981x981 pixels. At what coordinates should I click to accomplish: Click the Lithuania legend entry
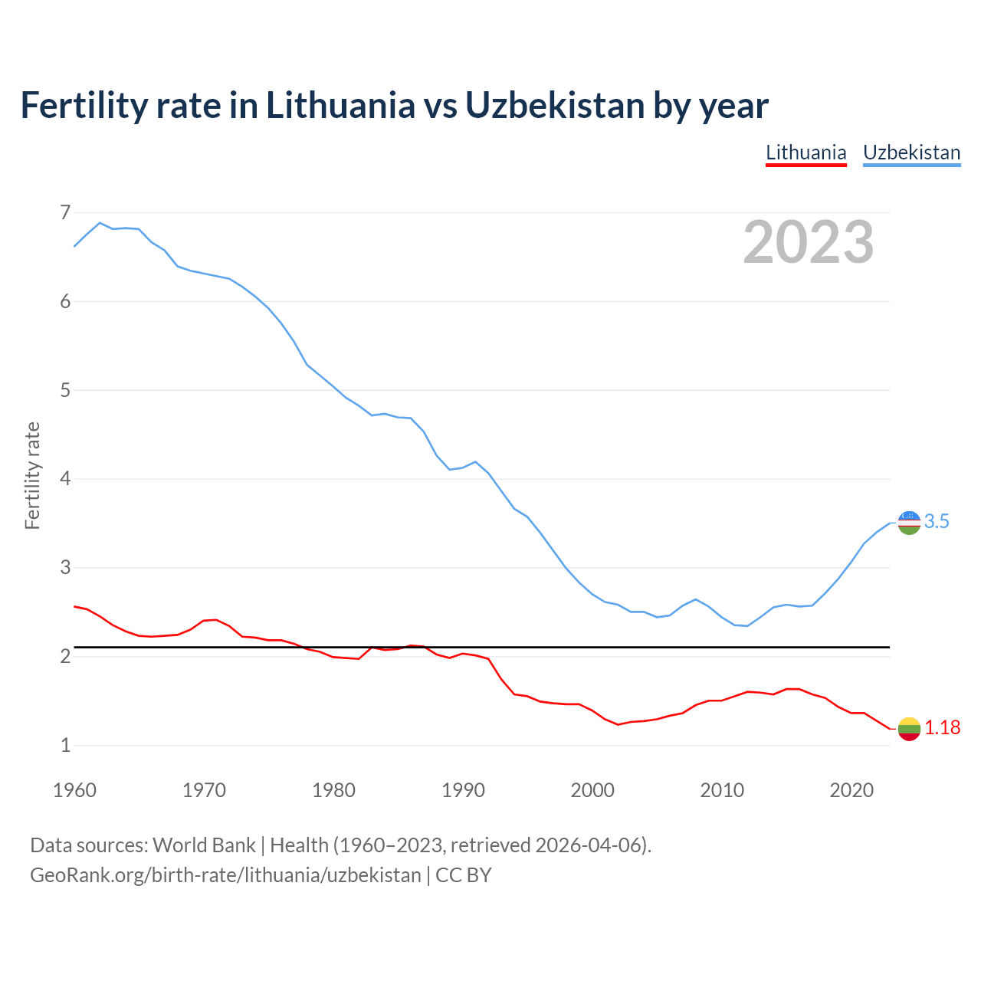[x=805, y=153]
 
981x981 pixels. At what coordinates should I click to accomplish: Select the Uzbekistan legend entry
[x=911, y=153]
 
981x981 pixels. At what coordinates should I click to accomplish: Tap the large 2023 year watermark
[x=808, y=242]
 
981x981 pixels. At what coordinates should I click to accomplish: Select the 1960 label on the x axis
[x=74, y=790]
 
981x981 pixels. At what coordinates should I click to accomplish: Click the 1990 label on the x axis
[x=463, y=790]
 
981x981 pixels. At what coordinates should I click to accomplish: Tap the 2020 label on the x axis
[x=851, y=790]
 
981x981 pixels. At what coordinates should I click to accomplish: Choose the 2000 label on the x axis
[x=592, y=790]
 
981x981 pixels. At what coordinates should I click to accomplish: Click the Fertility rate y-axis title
[x=32, y=475]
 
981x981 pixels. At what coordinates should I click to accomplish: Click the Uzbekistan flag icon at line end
[x=909, y=523]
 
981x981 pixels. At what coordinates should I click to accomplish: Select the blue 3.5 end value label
[x=937, y=522]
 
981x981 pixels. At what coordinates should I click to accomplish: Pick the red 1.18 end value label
[x=942, y=728]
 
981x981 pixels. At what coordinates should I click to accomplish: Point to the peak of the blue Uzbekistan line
[x=100, y=223]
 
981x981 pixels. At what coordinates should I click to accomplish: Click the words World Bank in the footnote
[x=204, y=845]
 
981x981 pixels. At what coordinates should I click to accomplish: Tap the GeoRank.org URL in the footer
[x=225, y=875]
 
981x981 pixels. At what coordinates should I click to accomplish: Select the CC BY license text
[x=464, y=875]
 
